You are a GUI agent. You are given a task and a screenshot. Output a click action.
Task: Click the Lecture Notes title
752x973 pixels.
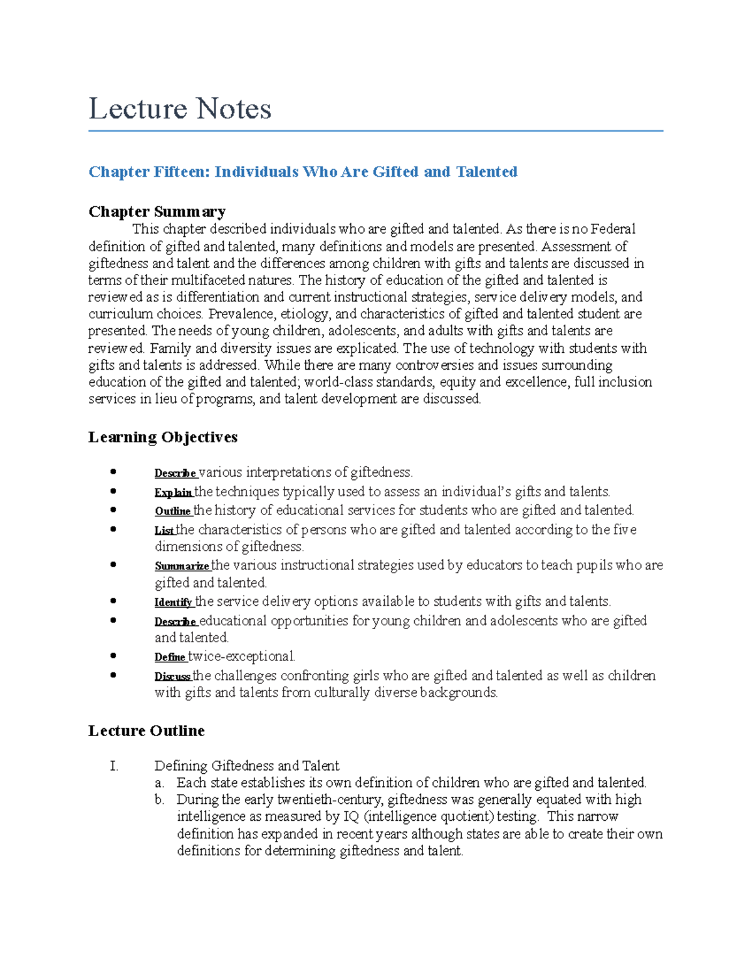[180, 109]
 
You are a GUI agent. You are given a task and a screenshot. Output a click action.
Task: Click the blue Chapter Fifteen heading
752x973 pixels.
[303, 172]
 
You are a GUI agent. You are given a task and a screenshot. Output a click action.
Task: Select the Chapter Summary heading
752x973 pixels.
[157, 211]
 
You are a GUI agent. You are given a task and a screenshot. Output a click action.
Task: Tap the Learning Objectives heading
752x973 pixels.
[162, 437]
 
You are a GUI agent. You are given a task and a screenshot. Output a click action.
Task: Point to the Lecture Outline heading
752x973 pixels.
[146, 731]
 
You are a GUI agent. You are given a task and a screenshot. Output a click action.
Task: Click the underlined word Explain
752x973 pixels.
[173, 492]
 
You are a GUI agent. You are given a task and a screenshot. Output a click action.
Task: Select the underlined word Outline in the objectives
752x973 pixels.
[172, 511]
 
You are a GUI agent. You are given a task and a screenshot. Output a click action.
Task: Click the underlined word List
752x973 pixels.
[164, 531]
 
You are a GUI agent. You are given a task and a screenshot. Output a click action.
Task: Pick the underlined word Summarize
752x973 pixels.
[182, 566]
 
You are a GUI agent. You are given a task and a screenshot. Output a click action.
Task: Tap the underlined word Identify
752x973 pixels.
[174, 602]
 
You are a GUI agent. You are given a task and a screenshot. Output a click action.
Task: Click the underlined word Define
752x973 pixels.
[170, 657]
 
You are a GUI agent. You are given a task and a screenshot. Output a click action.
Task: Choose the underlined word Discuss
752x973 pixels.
[172, 677]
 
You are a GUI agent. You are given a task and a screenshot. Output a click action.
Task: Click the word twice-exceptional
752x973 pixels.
[241, 657]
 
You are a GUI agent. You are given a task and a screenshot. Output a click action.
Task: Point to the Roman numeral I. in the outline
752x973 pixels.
[113, 766]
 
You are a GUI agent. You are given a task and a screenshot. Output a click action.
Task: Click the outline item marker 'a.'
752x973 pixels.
[160, 783]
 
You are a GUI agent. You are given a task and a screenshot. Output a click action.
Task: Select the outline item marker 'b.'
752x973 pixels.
[160, 799]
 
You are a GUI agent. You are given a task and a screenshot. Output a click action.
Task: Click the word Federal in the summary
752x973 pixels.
[613, 229]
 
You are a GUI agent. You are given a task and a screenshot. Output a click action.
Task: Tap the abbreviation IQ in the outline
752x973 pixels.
[351, 816]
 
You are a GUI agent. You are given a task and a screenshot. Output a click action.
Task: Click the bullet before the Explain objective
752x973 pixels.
[113, 491]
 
